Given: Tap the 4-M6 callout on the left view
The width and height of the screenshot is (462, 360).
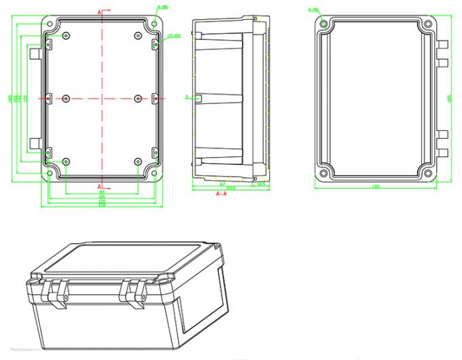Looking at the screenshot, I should pyautogui.click(x=163, y=7).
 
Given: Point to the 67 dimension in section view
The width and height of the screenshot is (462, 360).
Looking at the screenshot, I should pyautogui.click(x=221, y=183).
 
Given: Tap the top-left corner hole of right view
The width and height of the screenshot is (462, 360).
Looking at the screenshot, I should pyautogui.click(x=324, y=24).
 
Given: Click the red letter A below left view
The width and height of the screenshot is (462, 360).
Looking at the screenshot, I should pyautogui.click(x=101, y=186).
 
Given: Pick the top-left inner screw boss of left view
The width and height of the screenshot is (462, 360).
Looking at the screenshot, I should pyautogui.click(x=66, y=35).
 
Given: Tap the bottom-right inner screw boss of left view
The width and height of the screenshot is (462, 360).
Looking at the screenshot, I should pyautogui.click(x=139, y=162).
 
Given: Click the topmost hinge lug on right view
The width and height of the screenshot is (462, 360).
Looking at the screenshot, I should pyautogui.click(x=442, y=43).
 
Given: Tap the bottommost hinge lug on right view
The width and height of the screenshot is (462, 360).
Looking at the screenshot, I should pyautogui.click(x=442, y=152).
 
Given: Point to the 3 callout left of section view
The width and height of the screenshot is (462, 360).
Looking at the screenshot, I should pyautogui.click(x=185, y=98).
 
